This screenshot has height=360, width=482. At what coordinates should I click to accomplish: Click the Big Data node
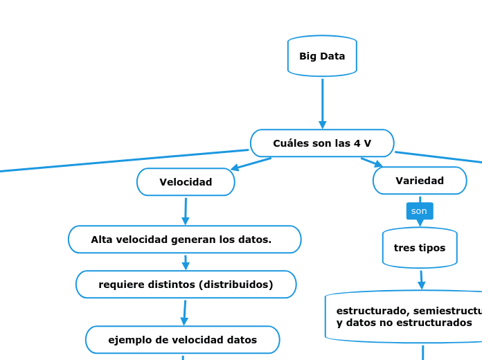[322, 56]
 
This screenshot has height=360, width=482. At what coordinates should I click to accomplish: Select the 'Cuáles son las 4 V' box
[322, 143]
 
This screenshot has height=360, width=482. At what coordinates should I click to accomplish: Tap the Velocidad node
[186, 182]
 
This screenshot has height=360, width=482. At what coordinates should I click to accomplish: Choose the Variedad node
[420, 181]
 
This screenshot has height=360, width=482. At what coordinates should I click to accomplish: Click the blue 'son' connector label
[419, 210]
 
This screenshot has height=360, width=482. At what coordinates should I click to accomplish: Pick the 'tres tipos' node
[420, 248]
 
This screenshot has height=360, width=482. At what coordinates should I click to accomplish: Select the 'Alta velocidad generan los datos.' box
[184, 240]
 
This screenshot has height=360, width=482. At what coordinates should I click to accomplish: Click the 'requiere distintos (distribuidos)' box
[186, 285]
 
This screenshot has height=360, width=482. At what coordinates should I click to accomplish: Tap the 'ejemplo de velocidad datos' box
[182, 340]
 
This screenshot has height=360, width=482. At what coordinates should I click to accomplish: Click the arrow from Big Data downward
[322, 104]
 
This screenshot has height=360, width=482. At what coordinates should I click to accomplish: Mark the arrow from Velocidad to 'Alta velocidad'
[186, 211]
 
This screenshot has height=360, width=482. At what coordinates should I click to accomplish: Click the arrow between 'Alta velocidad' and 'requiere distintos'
[186, 262]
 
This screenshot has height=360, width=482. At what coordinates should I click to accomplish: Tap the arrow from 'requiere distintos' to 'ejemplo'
[185, 312]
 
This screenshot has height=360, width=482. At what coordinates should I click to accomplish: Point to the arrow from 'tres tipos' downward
[421, 280]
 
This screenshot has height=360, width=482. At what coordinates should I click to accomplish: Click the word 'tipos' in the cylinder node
[431, 248]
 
